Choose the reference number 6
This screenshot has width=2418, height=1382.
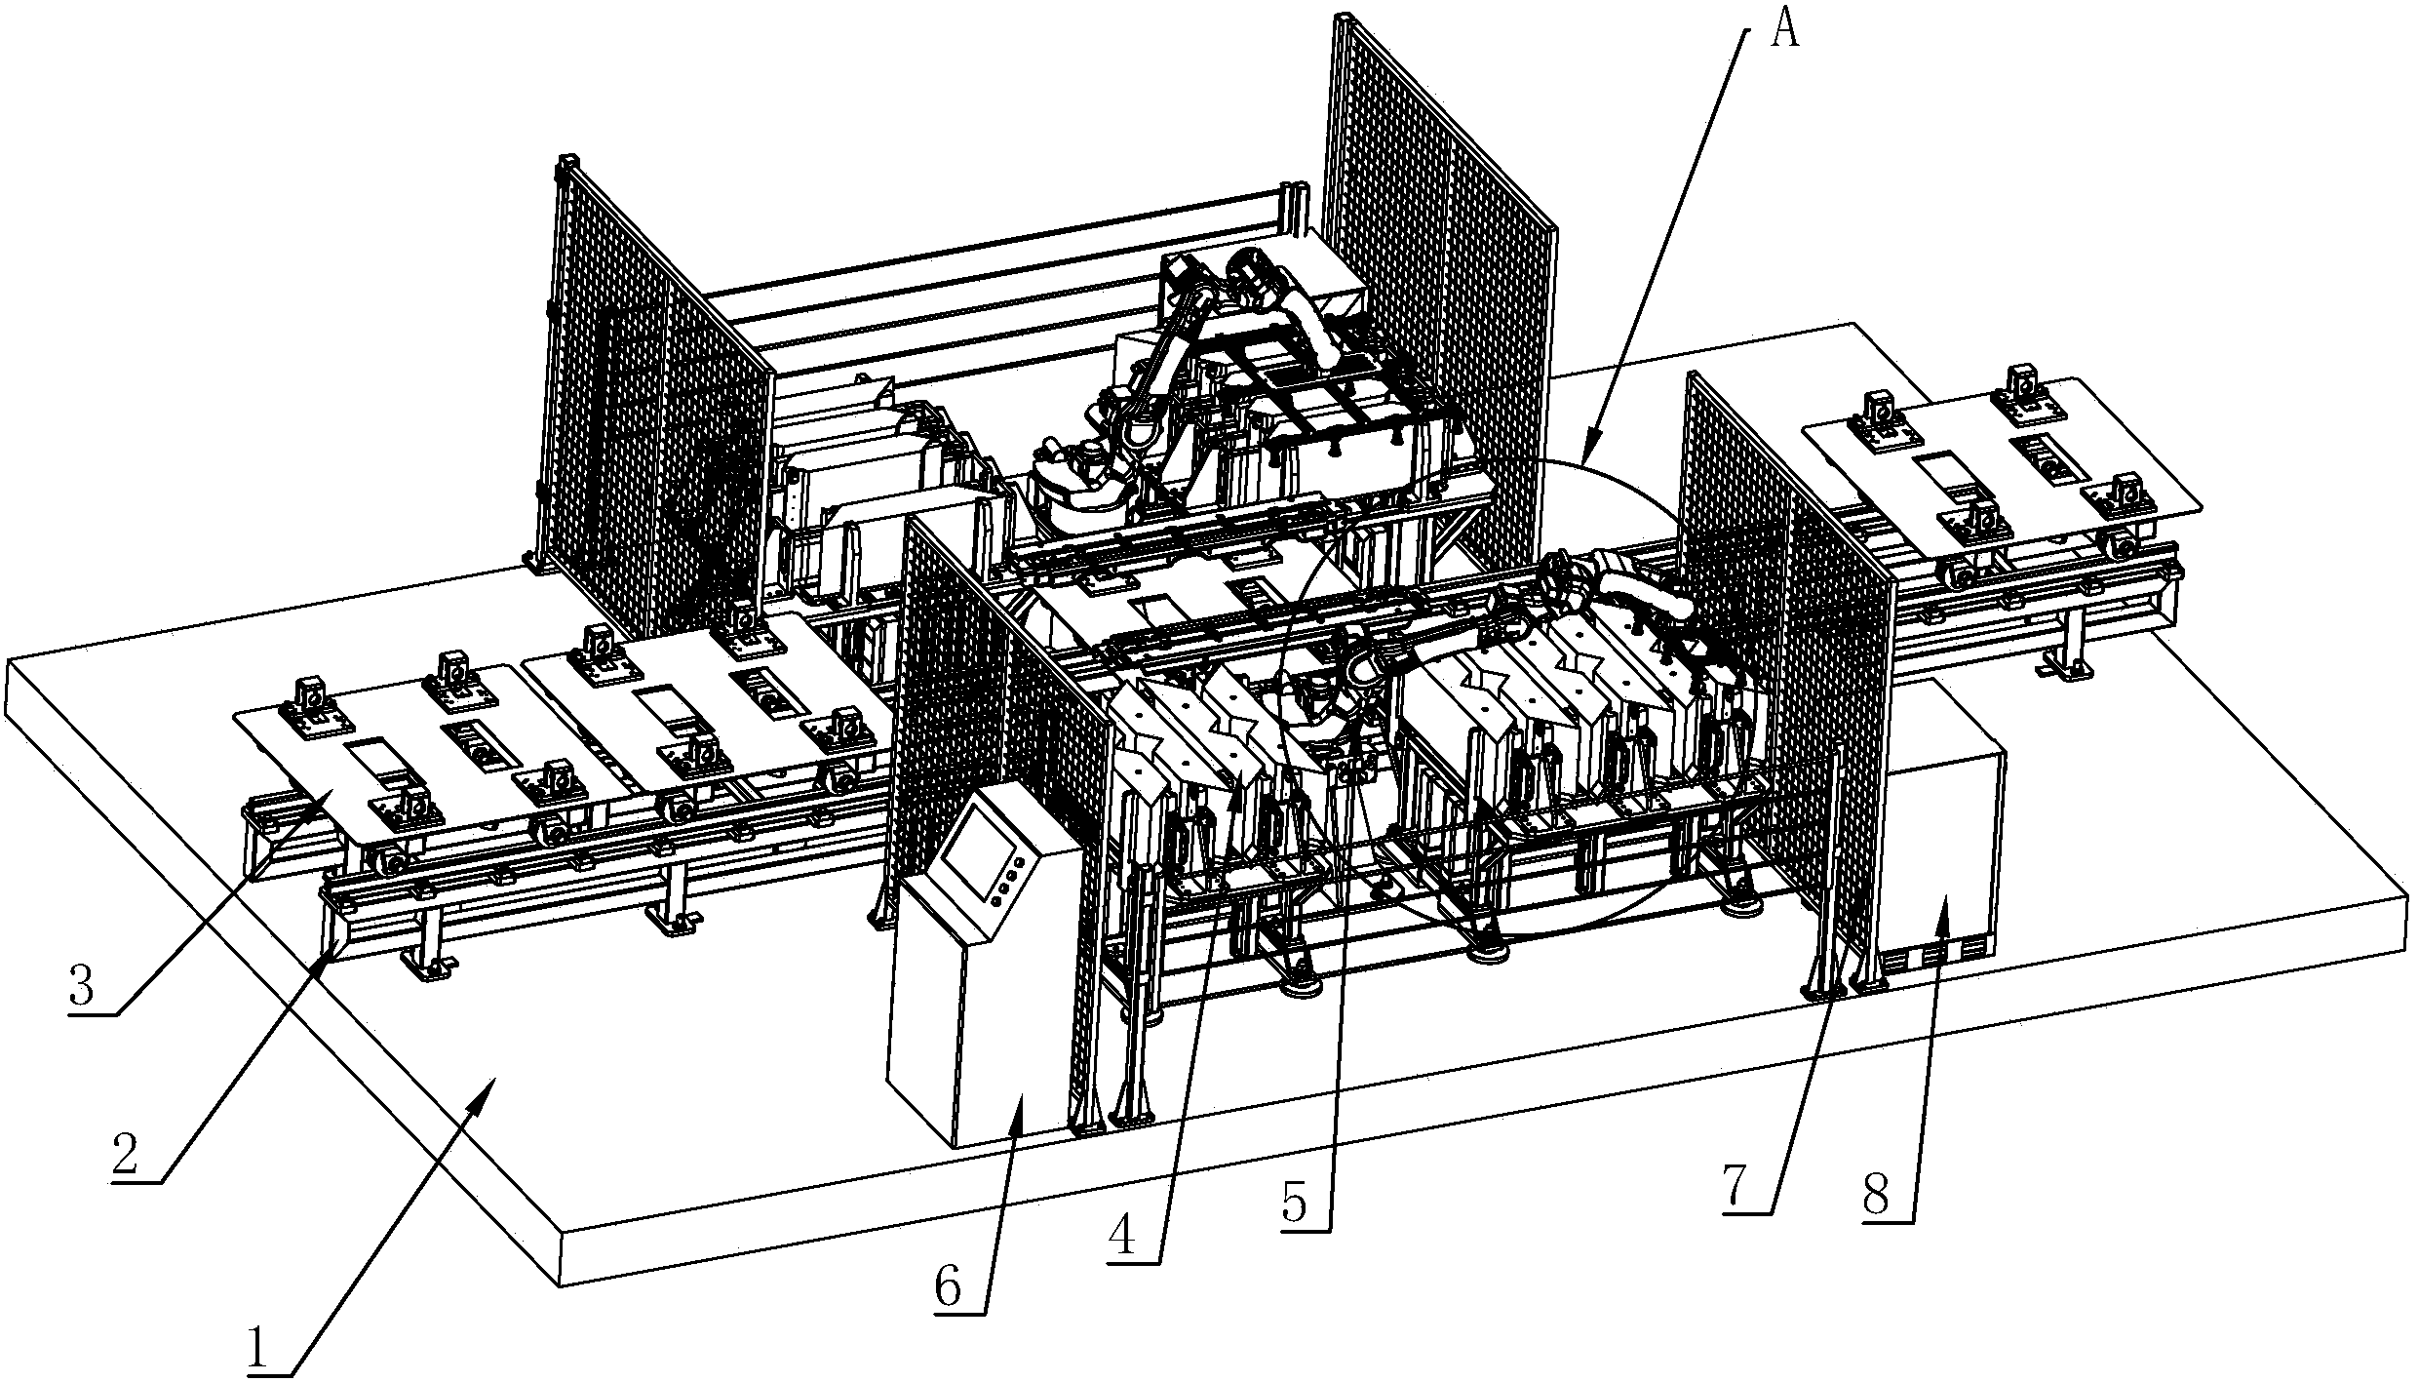[949, 1288]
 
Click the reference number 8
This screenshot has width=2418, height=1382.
[1877, 1193]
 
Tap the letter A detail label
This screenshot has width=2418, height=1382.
[1782, 33]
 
